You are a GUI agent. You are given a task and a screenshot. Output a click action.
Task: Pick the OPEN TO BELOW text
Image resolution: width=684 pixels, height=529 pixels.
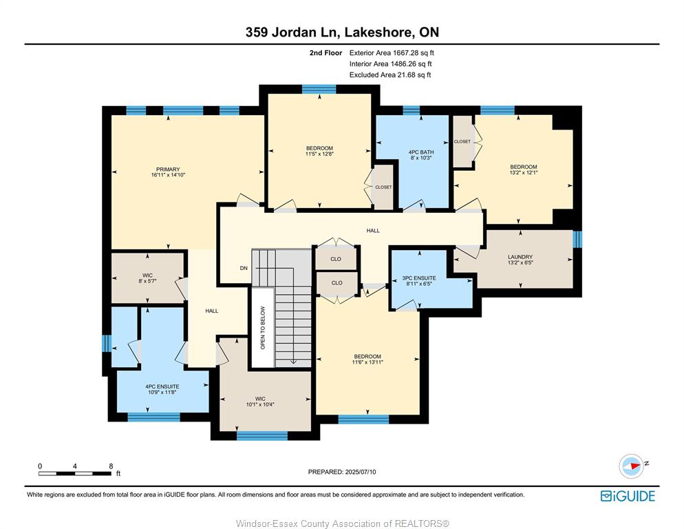263,328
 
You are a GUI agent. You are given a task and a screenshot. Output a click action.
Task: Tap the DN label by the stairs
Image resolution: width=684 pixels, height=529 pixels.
244,268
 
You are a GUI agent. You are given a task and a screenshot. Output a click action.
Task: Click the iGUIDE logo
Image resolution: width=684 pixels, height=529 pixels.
628,496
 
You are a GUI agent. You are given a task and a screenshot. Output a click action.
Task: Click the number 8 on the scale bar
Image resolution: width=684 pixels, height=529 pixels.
111,466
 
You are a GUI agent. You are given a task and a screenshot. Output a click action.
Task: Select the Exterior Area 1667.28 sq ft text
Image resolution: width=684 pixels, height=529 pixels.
392,53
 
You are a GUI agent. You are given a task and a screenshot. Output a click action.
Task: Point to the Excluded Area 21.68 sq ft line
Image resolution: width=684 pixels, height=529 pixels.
390,74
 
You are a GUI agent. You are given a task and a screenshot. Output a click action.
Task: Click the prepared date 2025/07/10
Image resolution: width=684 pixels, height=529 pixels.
361,472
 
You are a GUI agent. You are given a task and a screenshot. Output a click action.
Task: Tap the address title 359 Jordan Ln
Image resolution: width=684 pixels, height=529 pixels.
293,32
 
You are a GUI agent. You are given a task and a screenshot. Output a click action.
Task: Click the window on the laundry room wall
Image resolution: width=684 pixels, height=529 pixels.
577,239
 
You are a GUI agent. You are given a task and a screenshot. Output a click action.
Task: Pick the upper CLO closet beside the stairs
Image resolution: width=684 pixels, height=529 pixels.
336,259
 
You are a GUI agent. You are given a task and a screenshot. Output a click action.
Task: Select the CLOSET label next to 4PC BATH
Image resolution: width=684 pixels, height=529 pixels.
383,187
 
